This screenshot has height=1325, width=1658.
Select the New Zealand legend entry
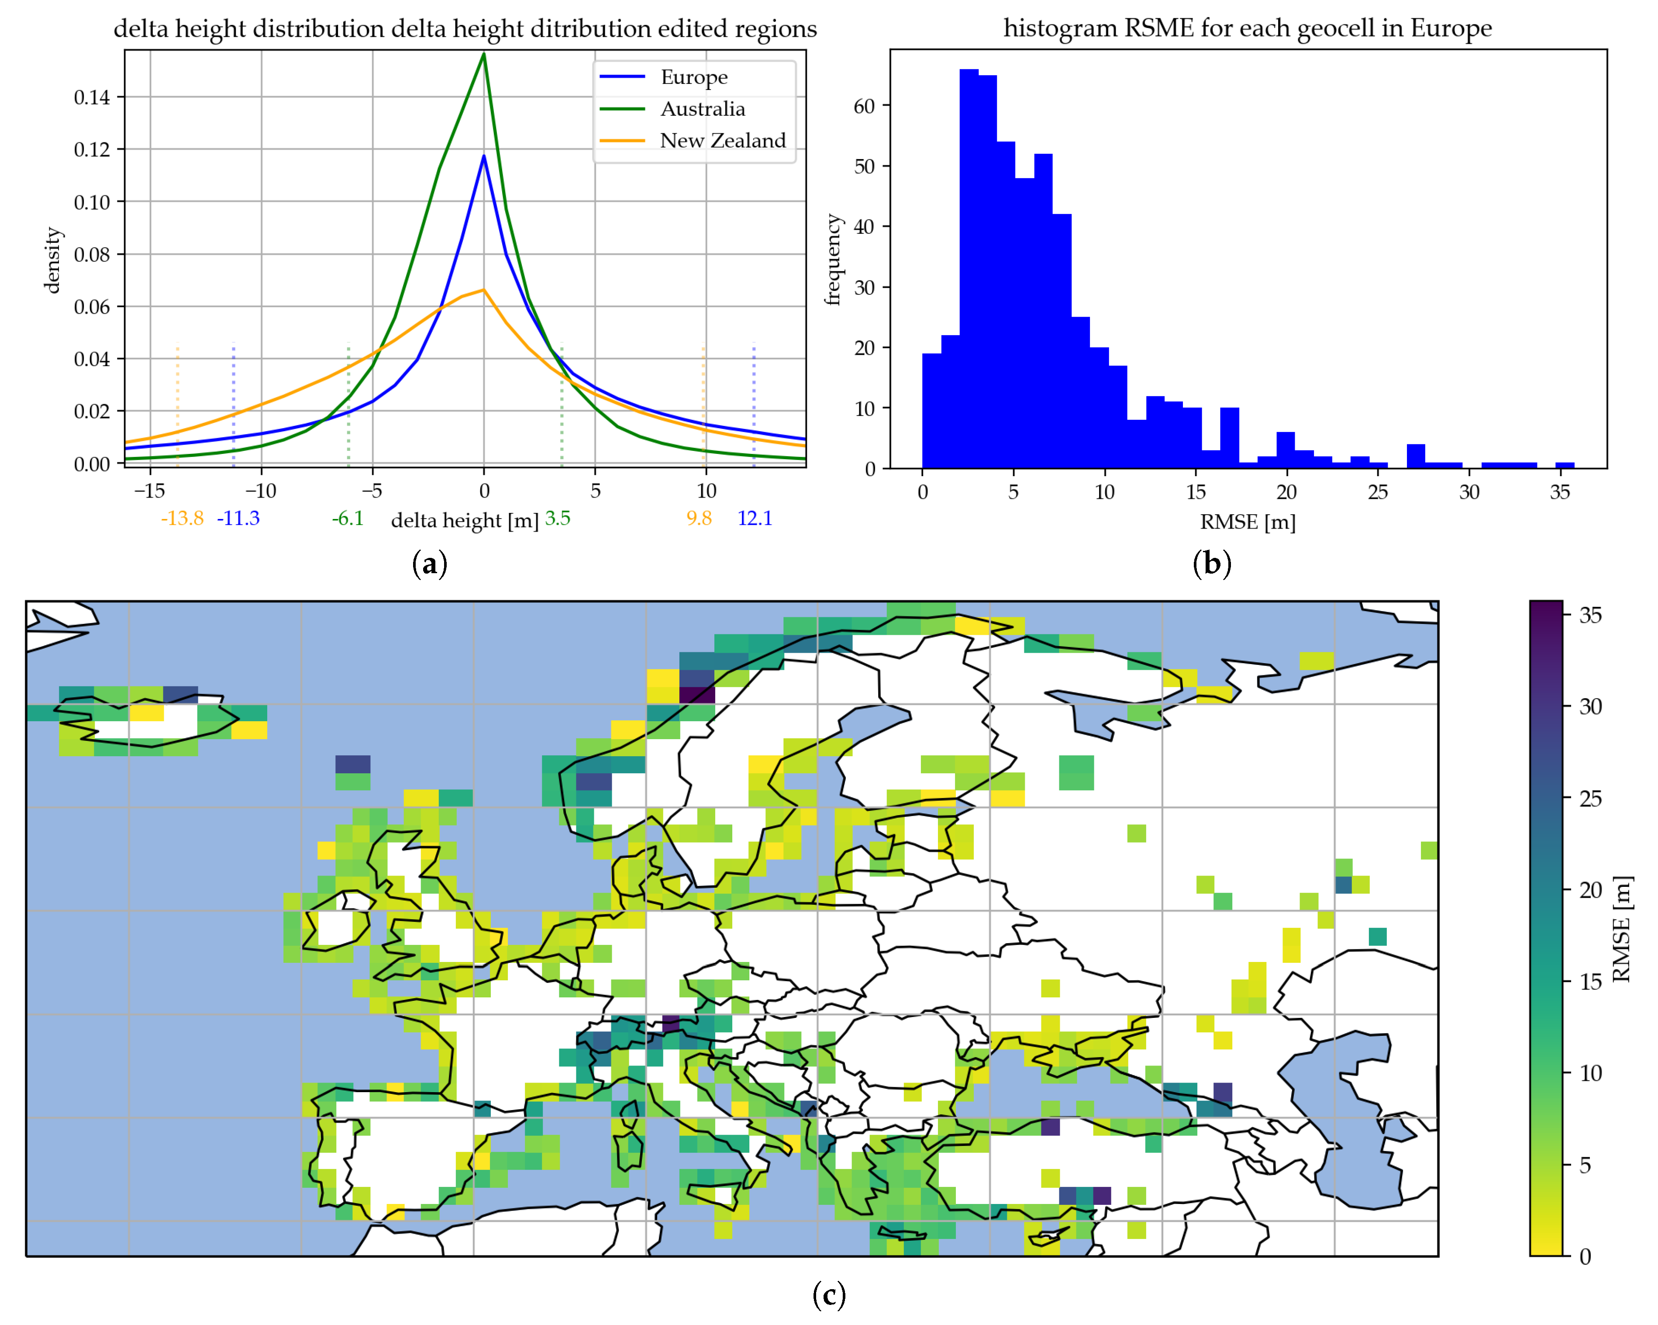(x=721, y=141)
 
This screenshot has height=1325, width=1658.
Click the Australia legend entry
(x=701, y=109)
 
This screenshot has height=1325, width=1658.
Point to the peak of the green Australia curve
(x=484, y=54)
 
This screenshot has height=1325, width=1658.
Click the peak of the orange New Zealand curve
(x=484, y=290)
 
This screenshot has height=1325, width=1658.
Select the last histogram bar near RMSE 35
(x=1564, y=465)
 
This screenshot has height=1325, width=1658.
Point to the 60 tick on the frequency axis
(x=865, y=106)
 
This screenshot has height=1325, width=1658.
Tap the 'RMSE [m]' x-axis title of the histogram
(x=1248, y=522)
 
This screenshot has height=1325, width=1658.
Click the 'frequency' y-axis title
(x=832, y=260)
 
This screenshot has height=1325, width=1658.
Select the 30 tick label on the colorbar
(x=1590, y=706)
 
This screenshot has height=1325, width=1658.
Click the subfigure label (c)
(x=828, y=1295)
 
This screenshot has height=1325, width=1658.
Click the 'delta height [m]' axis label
(x=465, y=521)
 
